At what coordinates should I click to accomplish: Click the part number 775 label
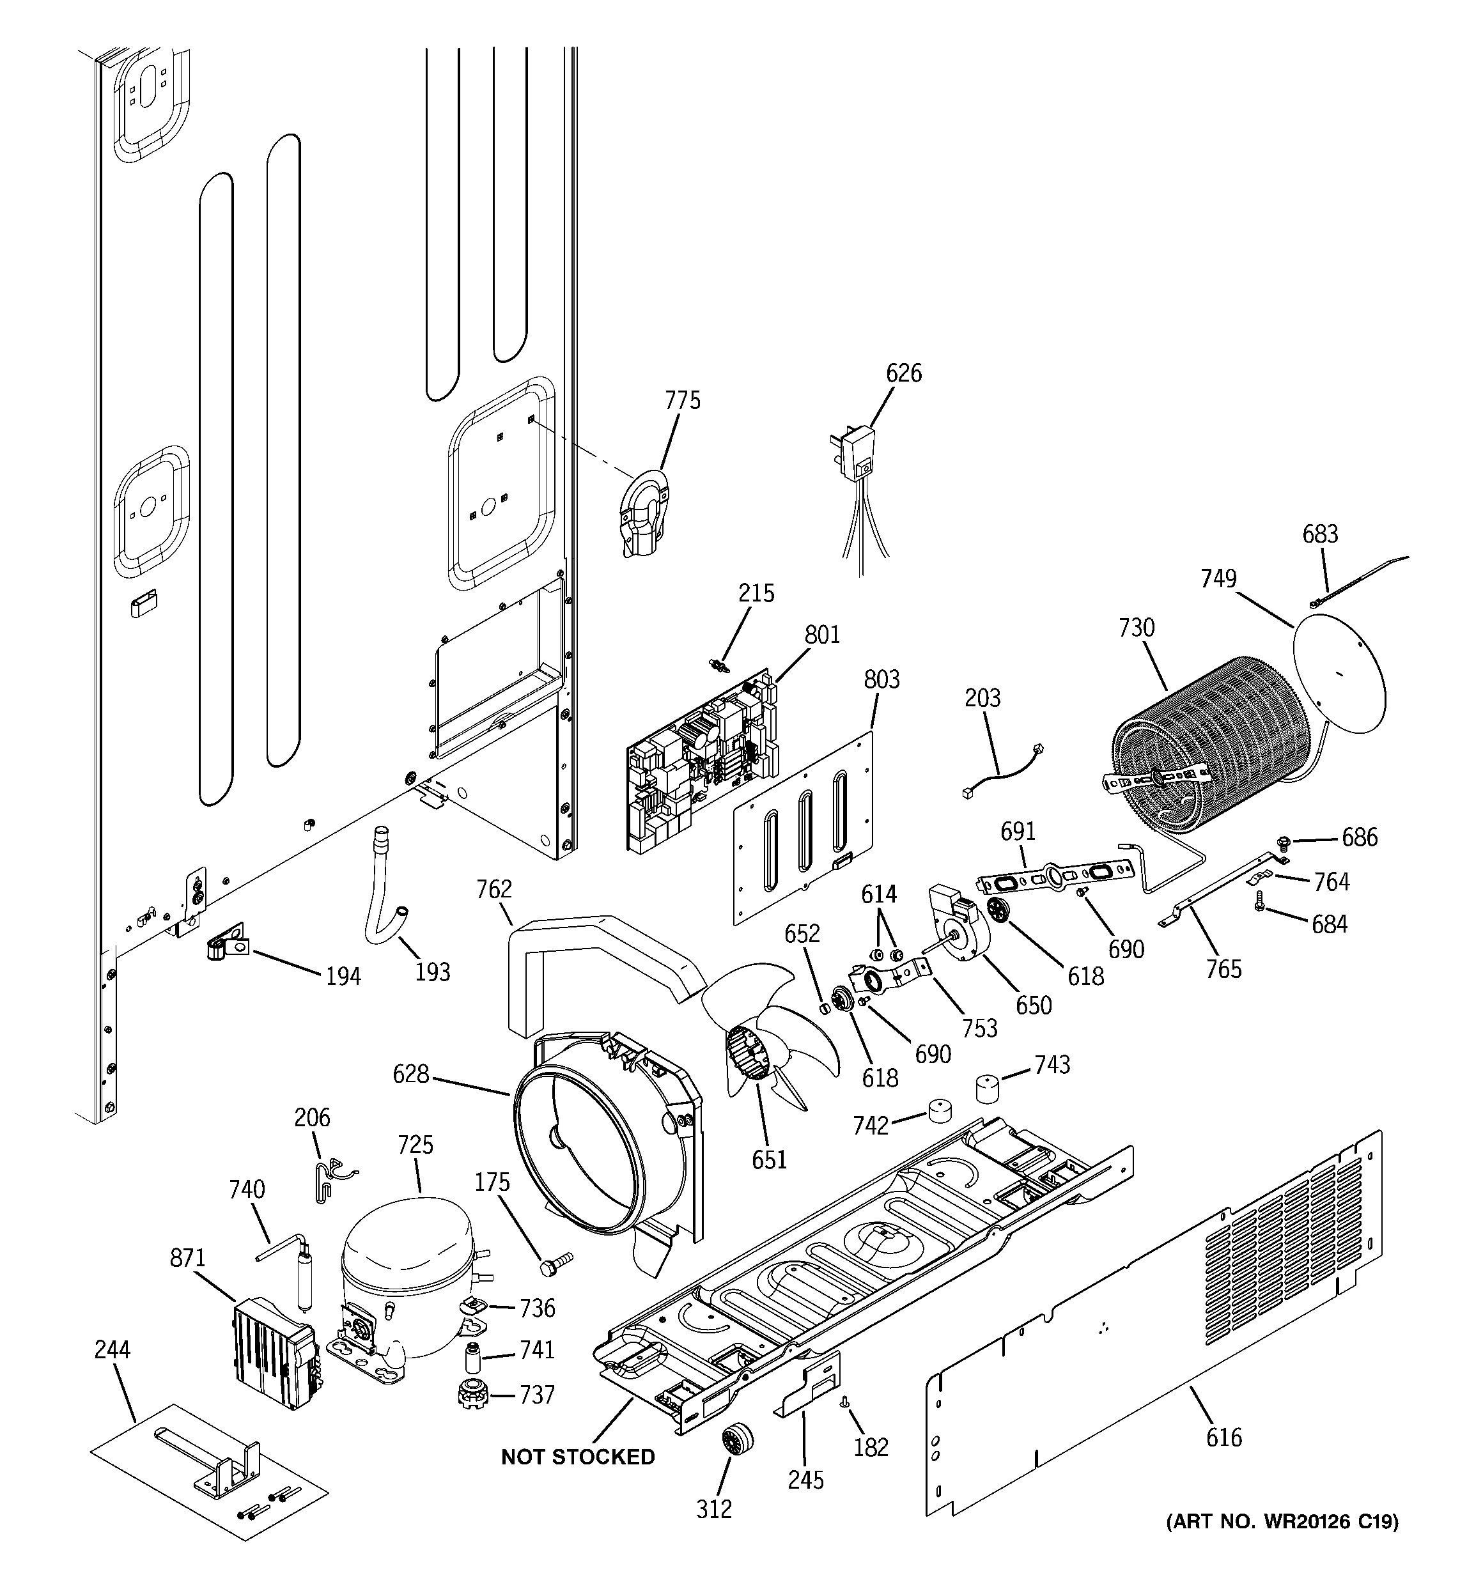coord(682,400)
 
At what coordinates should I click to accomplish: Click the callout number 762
coord(493,889)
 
